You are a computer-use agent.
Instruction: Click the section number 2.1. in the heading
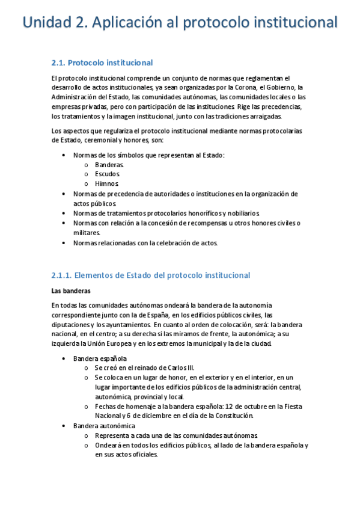coord(58,63)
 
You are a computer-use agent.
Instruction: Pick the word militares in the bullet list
coord(87,232)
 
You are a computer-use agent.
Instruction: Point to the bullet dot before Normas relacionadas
coord(65,243)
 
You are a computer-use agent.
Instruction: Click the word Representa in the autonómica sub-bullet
coord(114,435)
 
